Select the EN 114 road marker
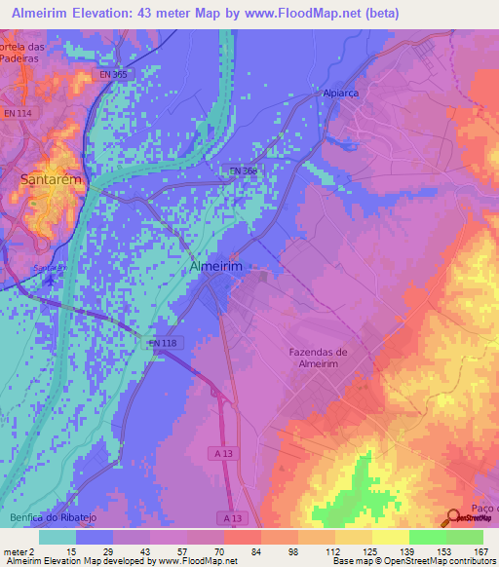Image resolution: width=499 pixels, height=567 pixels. (19, 114)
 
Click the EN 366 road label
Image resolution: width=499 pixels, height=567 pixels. (243, 170)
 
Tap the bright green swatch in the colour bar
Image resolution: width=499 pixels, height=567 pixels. (427, 537)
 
